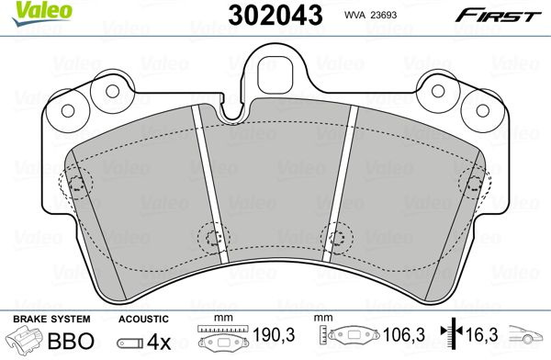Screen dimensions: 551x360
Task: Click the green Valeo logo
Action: (41, 13)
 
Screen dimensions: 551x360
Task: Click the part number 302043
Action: (275, 15)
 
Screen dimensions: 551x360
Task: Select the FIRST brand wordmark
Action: (498, 16)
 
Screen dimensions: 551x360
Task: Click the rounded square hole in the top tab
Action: (275, 74)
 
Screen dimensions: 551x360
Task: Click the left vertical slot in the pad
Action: (210, 184)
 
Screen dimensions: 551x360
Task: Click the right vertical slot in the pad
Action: (340, 184)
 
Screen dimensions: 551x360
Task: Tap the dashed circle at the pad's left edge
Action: (75, 183)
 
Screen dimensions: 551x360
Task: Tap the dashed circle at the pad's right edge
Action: (475, 184)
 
